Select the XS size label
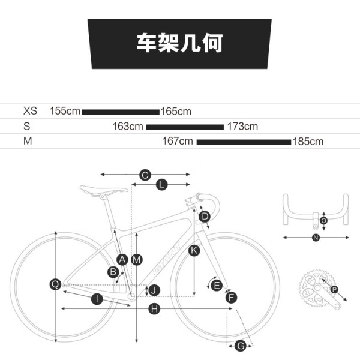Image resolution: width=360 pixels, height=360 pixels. (30, 111)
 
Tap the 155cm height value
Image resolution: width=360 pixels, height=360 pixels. (65, 111)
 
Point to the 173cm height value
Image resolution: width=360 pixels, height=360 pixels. (242, 126)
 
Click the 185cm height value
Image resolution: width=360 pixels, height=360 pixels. (308, 142)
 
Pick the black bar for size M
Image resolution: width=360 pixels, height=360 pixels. (244, 142)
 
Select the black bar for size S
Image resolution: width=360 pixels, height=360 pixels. (185, 127)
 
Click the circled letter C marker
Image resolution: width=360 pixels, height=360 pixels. (145, 175)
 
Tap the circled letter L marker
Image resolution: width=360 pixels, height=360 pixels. (161, 185)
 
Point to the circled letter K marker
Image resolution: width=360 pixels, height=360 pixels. (194, 250)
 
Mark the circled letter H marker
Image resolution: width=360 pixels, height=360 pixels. (154, 308)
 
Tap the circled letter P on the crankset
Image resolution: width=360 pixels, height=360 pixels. (334, 290)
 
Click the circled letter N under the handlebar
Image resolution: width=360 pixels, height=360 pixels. (316, 238)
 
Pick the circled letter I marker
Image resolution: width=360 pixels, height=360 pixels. (96, 299)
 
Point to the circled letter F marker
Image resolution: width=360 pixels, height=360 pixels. (231, 296)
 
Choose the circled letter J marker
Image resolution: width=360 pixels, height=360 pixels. (154, 290)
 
